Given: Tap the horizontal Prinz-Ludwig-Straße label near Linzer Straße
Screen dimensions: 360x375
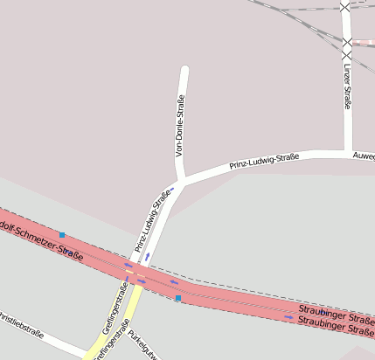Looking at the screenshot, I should (x=264, y=161).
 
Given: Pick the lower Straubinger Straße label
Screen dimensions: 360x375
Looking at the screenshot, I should (x=336, y=326).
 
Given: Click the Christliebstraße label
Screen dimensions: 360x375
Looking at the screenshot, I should (x=21, y=324).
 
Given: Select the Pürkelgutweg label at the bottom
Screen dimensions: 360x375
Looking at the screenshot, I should (x=142, y=345).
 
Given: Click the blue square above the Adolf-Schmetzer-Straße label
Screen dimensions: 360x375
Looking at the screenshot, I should (x=62, y=234).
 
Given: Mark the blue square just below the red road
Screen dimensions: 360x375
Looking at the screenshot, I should (x=178, y=299).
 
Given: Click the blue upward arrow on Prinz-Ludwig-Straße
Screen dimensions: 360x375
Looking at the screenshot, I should (x=147, y=257).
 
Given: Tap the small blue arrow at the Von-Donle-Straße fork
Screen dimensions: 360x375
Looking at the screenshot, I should (x=171, y=188).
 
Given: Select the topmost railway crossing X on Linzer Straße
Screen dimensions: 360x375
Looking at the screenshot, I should (x=347, y=5).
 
